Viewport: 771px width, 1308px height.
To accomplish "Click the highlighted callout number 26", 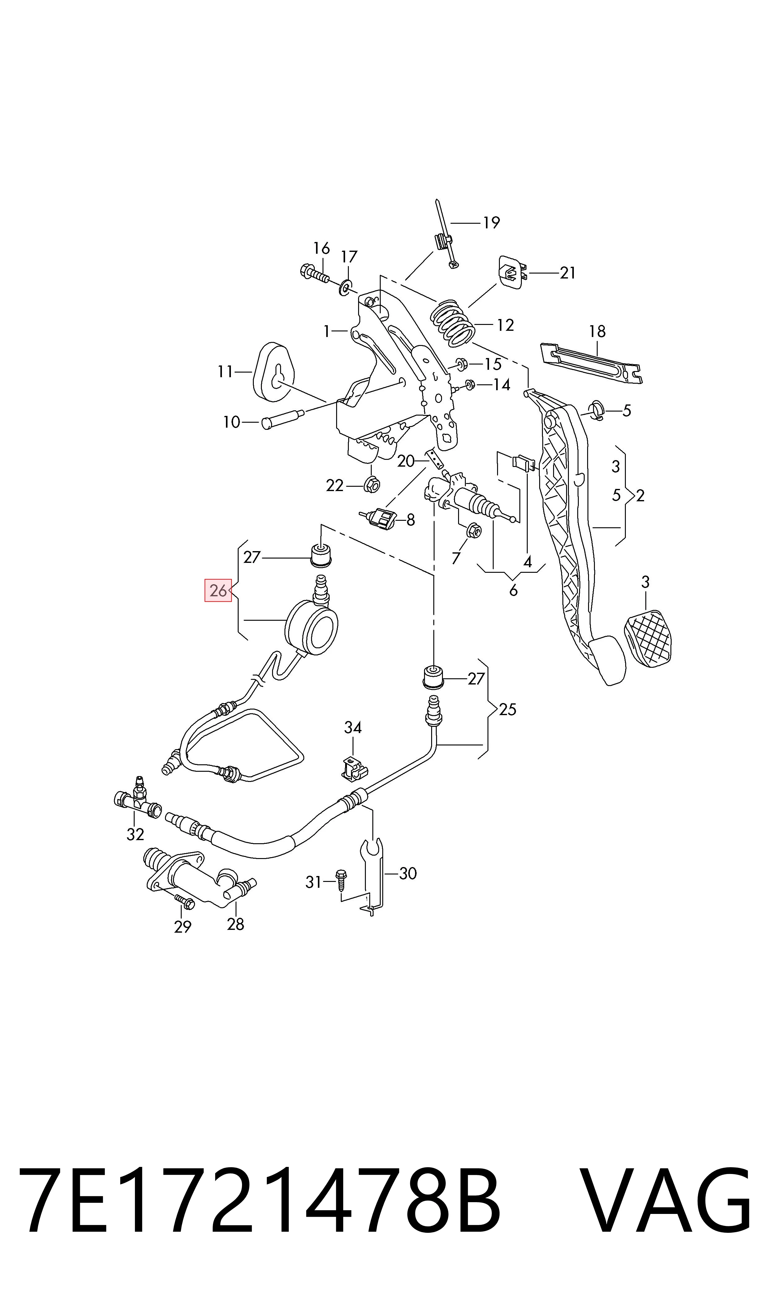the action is click(x=218, y=590).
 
